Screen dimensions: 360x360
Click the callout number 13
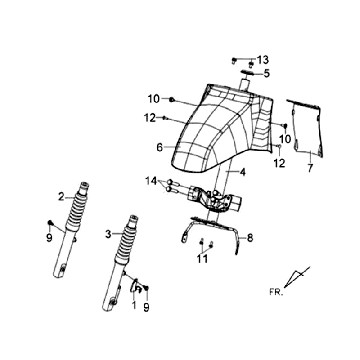(263, 60)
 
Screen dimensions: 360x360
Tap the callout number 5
(267, 73)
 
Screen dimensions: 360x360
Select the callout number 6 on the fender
(160, 147)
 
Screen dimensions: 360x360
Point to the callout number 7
(310, 168)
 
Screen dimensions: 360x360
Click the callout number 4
(243, 172)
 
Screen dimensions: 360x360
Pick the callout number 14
(151, 181)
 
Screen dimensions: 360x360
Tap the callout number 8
(250, 238)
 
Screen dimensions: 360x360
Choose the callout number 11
(202, 259)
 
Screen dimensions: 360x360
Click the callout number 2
(61, 197)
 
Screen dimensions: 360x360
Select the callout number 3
(108, 234)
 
